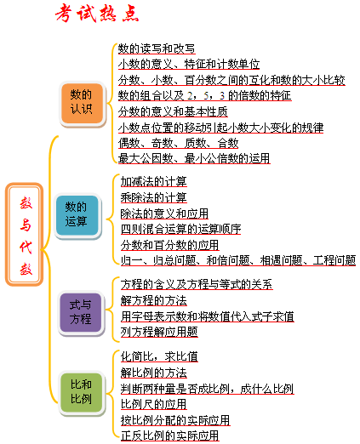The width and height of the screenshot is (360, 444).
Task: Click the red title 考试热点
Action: pyautogui.click(x=97, y=14)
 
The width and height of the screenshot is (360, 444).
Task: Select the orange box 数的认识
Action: pyautogui.click(x=82, y=104)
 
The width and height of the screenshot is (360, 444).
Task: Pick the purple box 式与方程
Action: pyautogui.click(x=81, y=313)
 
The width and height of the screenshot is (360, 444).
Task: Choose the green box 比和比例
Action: pyautogui.click(x=82, y=393)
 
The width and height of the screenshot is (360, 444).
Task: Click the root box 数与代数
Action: pyautogui.click(x=25, y=234)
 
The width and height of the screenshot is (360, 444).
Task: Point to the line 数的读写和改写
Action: pyautogui.click(x=157, y=48)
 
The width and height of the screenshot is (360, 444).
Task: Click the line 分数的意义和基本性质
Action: pyautogui.click(x=173, y=111)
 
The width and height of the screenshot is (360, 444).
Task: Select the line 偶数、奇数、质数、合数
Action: pyautogui.click(x=178, y=143)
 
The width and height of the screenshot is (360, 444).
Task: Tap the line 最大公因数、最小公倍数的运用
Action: pyautogui.click(x=194, y=158)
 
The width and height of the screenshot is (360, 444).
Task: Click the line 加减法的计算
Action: pyautogui.click(x=153, y=181)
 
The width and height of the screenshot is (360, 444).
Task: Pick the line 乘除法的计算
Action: pyautogui.click(x=153, y=197)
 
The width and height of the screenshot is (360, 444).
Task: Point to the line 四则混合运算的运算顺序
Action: pyautogui.click(x=180, y=229)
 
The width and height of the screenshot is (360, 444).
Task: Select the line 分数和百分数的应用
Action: pyautogui.click(x=169, y=245)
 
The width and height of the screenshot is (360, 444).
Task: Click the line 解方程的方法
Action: pyautogui.click(x=153, y=300)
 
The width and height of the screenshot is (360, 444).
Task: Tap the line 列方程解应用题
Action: pyautogui.click(x=159, y=332)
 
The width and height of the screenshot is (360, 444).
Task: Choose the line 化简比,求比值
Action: pyautogui.click(x=159, y=356)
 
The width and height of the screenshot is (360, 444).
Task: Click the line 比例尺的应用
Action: pyautogui.click(x=153, y=404)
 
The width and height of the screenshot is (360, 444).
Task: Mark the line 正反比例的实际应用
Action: pyautogui.click(x=169, y=435)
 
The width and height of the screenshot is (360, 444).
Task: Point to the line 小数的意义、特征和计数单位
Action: pyautogui.click(x=189, y=64)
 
